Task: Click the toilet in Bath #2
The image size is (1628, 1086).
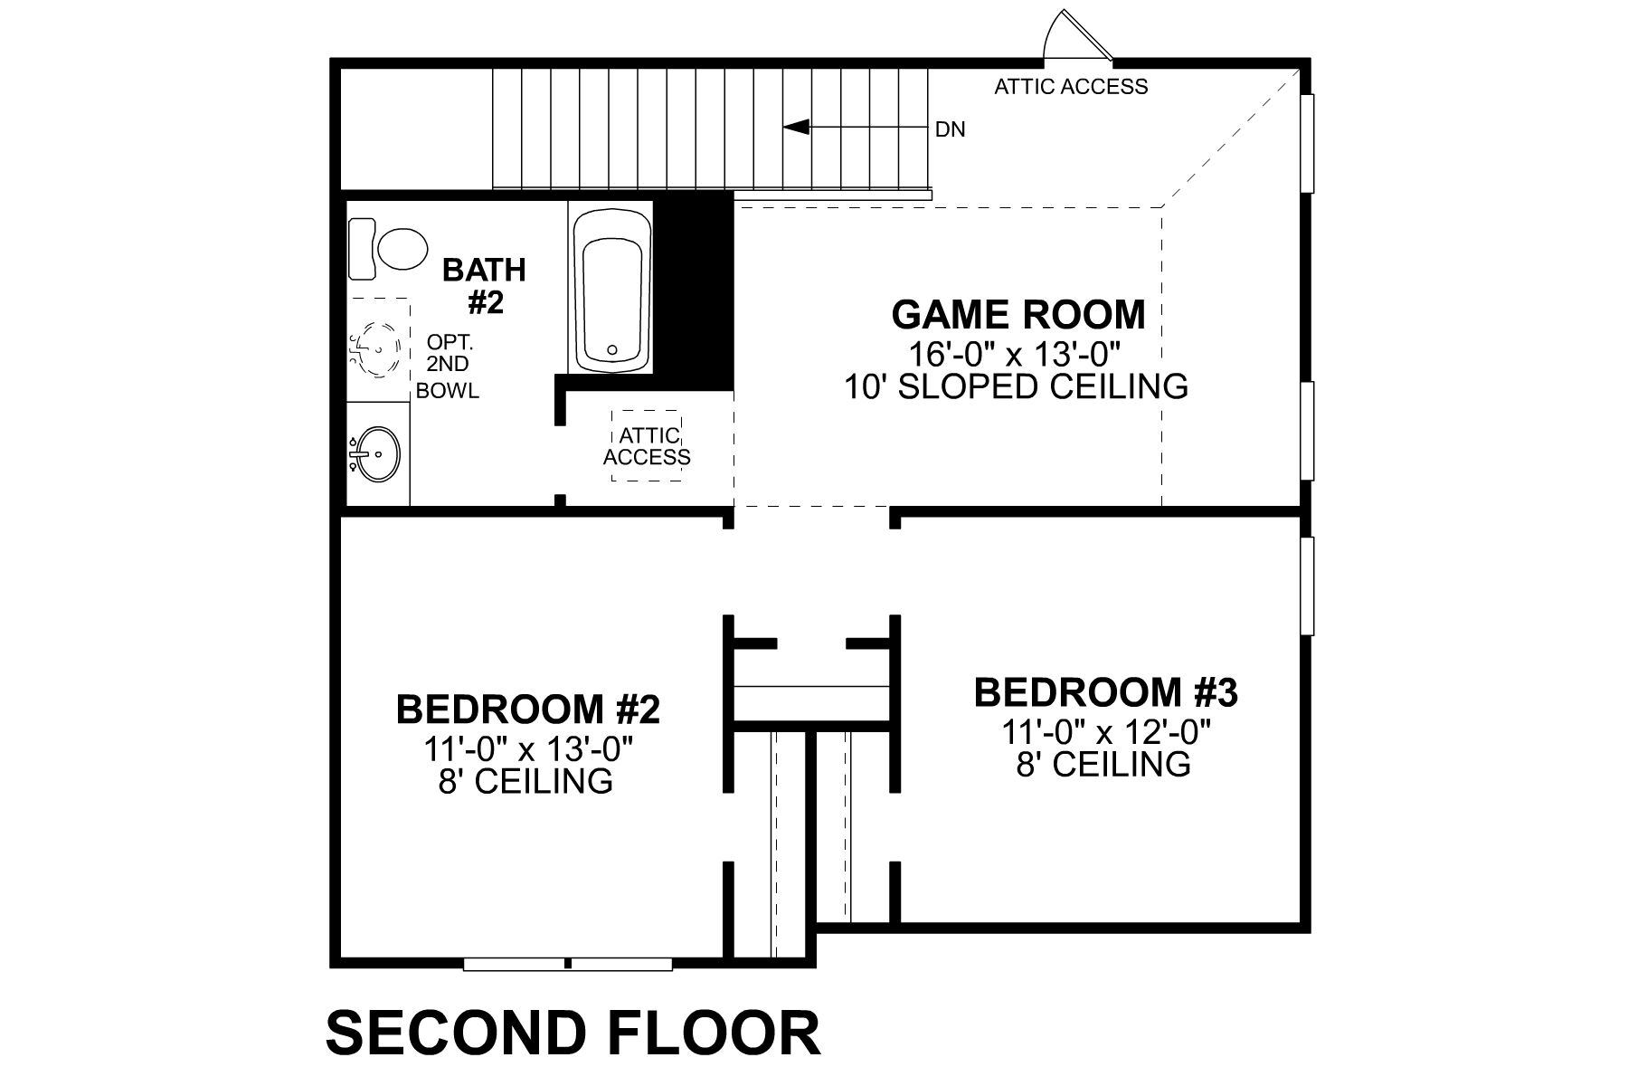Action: click(x=389, y=248)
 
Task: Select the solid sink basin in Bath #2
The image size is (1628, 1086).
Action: click(x=375, y=453)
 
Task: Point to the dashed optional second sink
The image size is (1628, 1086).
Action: click(x=377, y=348)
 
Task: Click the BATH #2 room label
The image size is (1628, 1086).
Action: click(x=485, y=286)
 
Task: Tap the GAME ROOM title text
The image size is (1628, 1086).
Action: click(x=1018, y=315)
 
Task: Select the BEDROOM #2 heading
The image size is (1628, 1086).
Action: click(x=528, y=710)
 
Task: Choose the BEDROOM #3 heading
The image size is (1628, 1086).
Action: click(x=1105, y=692)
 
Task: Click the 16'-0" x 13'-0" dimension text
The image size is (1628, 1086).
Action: click(x=1018, y=352)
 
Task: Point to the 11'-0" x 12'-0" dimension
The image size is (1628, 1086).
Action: click(x=1105, y=730)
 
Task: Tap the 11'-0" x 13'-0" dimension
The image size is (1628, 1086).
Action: click(x=527, y=748)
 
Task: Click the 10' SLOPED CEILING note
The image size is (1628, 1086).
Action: click(x=1016, y=387)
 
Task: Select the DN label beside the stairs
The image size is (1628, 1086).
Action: click(x=950, y=130)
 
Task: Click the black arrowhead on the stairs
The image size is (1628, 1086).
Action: click(x=796, y=128)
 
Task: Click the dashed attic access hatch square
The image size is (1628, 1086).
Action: click(x=647, y=446)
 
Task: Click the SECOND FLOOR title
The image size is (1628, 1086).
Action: click(x=573, y=1033)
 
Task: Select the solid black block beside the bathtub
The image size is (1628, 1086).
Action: click(x=695, y=290)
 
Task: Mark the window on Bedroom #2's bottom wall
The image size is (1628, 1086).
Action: click(x=568, y=964)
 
